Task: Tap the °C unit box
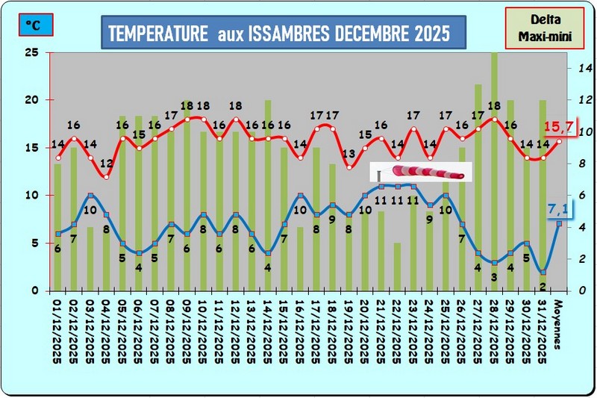click(x=34, y=25)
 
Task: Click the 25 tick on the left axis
click(x=31, y=52)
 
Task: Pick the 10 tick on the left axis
click(x=31, y=196)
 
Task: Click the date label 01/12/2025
click(x=57, y=329)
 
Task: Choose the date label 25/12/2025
click(x=445, y=329)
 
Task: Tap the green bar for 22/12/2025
click(x=397, y=266)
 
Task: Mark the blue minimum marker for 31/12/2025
click(x=543, y=272)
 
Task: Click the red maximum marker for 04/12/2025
click(x=106, y=177)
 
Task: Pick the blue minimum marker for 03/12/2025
click(x=90, y=196)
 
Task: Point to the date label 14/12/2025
click(x=267, y=329)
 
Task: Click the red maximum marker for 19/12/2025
click(x=348, y=167)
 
